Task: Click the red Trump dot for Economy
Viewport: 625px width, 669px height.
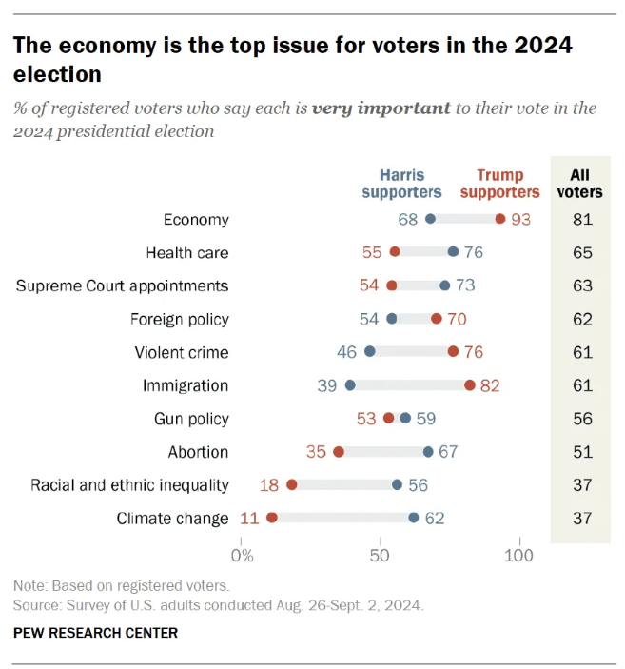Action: click(x=500, y=219)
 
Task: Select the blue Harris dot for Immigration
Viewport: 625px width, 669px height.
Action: click(x=350, y=385)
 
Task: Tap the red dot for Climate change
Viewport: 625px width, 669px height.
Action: click(x=272, y=519)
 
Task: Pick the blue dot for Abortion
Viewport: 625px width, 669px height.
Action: click(x=428, y=452)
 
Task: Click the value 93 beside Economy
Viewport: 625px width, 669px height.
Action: click(x=519, y=219)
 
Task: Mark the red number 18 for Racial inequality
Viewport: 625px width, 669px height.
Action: click(x=269, y=485)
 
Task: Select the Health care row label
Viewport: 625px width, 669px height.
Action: click(x=187, y=252)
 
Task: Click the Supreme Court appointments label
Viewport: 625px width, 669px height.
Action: click(x=123, y=285)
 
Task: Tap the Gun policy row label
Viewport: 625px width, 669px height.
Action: click(x=191, y=419)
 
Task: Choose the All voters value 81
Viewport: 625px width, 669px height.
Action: click(x=583, y=219)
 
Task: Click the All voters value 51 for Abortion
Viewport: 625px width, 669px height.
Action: click(x=583, y=452)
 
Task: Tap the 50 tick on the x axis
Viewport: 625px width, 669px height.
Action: click(x=380, y=554)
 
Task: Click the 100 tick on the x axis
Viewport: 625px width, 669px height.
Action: click(x=519, y=554)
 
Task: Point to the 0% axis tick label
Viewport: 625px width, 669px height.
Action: click(x=243, y=554)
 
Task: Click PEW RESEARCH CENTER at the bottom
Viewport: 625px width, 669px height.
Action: click(x=95, y=633)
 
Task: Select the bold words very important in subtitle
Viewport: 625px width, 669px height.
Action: click(x=381, y=108)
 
